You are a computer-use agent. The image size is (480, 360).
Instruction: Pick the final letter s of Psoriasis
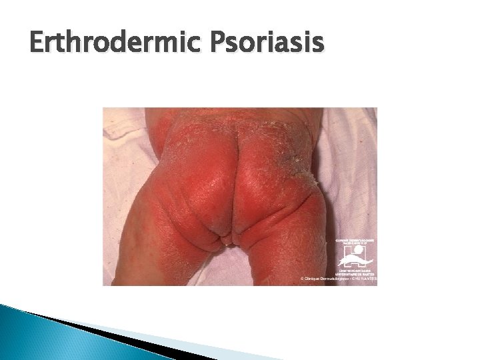click(317, 47)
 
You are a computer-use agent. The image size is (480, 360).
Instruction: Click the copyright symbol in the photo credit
click(302, 278)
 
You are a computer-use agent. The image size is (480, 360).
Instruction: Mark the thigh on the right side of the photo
click(293, 240)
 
